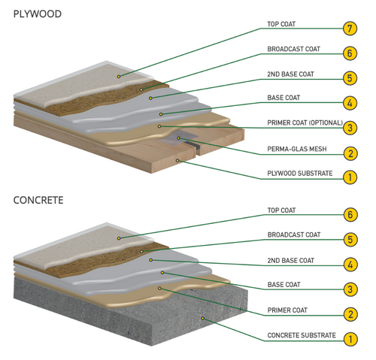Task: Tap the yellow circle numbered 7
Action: click(349, 29)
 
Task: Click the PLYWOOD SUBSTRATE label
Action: click(299, 174)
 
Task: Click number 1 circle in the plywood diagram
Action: click(349, 177)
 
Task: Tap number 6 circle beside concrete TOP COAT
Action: click(349, 215)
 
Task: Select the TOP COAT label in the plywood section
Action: click(282, 24)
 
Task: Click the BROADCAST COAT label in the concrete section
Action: click(294, 235)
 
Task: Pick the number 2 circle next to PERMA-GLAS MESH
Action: click(349, 153)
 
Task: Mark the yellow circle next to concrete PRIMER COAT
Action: click(349, 314)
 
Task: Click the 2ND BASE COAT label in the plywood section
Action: click(290, 74)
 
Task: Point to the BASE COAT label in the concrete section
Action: click(284, 285)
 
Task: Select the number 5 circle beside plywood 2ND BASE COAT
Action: click(349, 78)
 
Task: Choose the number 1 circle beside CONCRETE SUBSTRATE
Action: click(349, 339)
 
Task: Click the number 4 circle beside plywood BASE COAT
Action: click(349, 103)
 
